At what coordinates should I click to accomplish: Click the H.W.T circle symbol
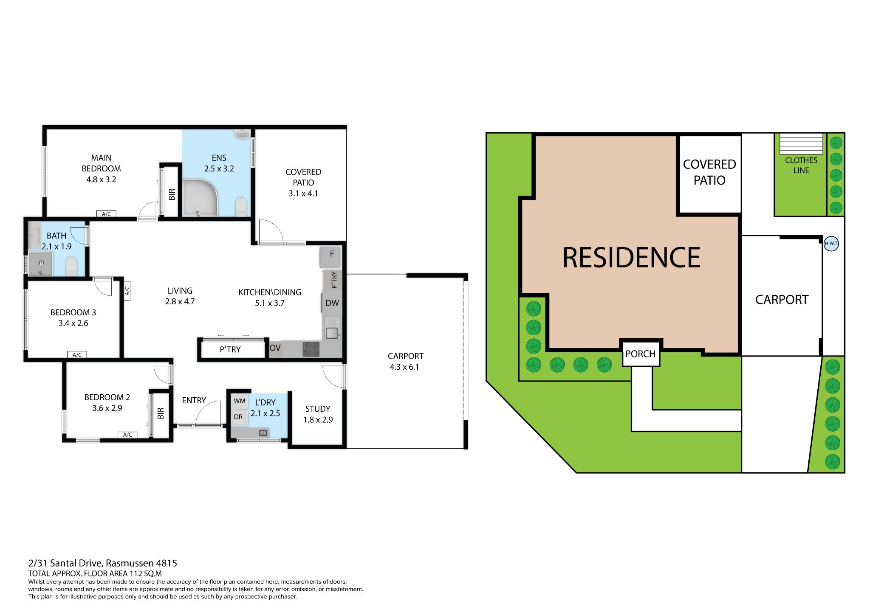coord(831,244)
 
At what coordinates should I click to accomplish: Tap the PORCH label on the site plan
coord(640,354)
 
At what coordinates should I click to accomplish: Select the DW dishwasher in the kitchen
coord(332,303)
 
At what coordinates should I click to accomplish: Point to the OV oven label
coord(275,348)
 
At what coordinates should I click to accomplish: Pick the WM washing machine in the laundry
coord(240,401)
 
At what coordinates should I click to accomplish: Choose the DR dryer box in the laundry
coord(238,417)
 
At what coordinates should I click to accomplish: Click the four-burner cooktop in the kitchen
coord(311,349)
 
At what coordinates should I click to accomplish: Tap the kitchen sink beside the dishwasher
coord(332,328)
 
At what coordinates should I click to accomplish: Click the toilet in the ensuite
coord(241,207)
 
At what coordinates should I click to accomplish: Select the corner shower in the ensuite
coord(200,197)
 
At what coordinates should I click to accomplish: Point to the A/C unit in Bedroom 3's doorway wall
coord(127,290)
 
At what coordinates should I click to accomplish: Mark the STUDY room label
coord(318,409)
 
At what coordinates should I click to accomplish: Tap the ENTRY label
coord(194,400)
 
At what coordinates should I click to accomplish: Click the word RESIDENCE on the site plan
coord(631,257)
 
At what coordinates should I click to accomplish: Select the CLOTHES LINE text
coord(801,165)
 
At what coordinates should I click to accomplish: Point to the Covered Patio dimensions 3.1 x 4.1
coord(303,194)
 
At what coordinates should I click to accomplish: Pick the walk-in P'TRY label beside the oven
coord(230,349)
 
